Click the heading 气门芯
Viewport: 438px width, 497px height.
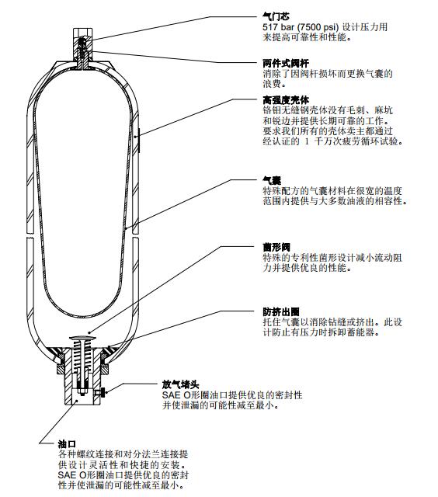[275, 16]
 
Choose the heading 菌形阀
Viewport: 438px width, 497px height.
[275, 246]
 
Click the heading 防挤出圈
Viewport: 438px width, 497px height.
[280, 311]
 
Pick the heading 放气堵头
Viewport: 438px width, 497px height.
[180, 384]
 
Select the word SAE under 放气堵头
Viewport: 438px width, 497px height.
[172, 395]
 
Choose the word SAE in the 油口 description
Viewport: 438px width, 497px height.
[68, 474]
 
